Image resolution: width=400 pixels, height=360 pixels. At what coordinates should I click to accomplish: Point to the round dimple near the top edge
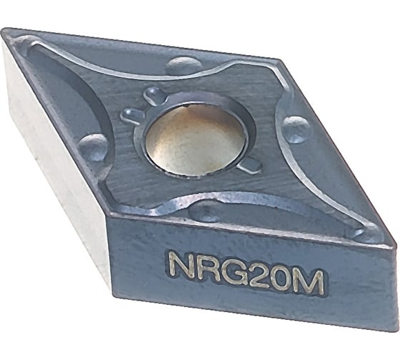click(184, 66)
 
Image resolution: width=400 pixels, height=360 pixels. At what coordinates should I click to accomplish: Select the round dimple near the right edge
click(294, 129)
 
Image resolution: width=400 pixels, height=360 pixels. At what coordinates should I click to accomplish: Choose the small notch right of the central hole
click(251, 166)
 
